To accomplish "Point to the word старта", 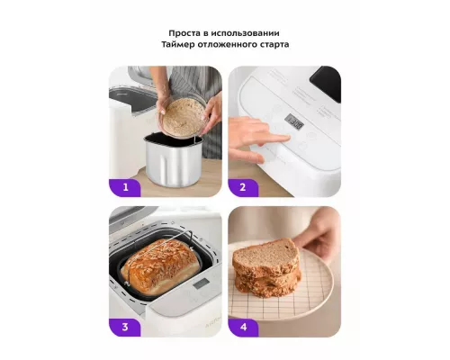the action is tap(274, 45).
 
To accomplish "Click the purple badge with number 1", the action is tap(125, 188).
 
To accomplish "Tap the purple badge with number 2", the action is tap(243, 188).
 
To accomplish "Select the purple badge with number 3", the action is tap(125, 328).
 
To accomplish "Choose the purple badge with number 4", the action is tap(243, 328).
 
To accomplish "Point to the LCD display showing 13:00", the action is tap(294, 121).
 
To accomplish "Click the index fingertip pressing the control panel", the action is tap(285, 138).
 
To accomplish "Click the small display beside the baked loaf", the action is tap(201, 283).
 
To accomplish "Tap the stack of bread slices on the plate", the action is tap(266, 267).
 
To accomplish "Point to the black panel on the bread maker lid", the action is tap(325, 84).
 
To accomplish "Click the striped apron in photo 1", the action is tap(196, 99).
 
